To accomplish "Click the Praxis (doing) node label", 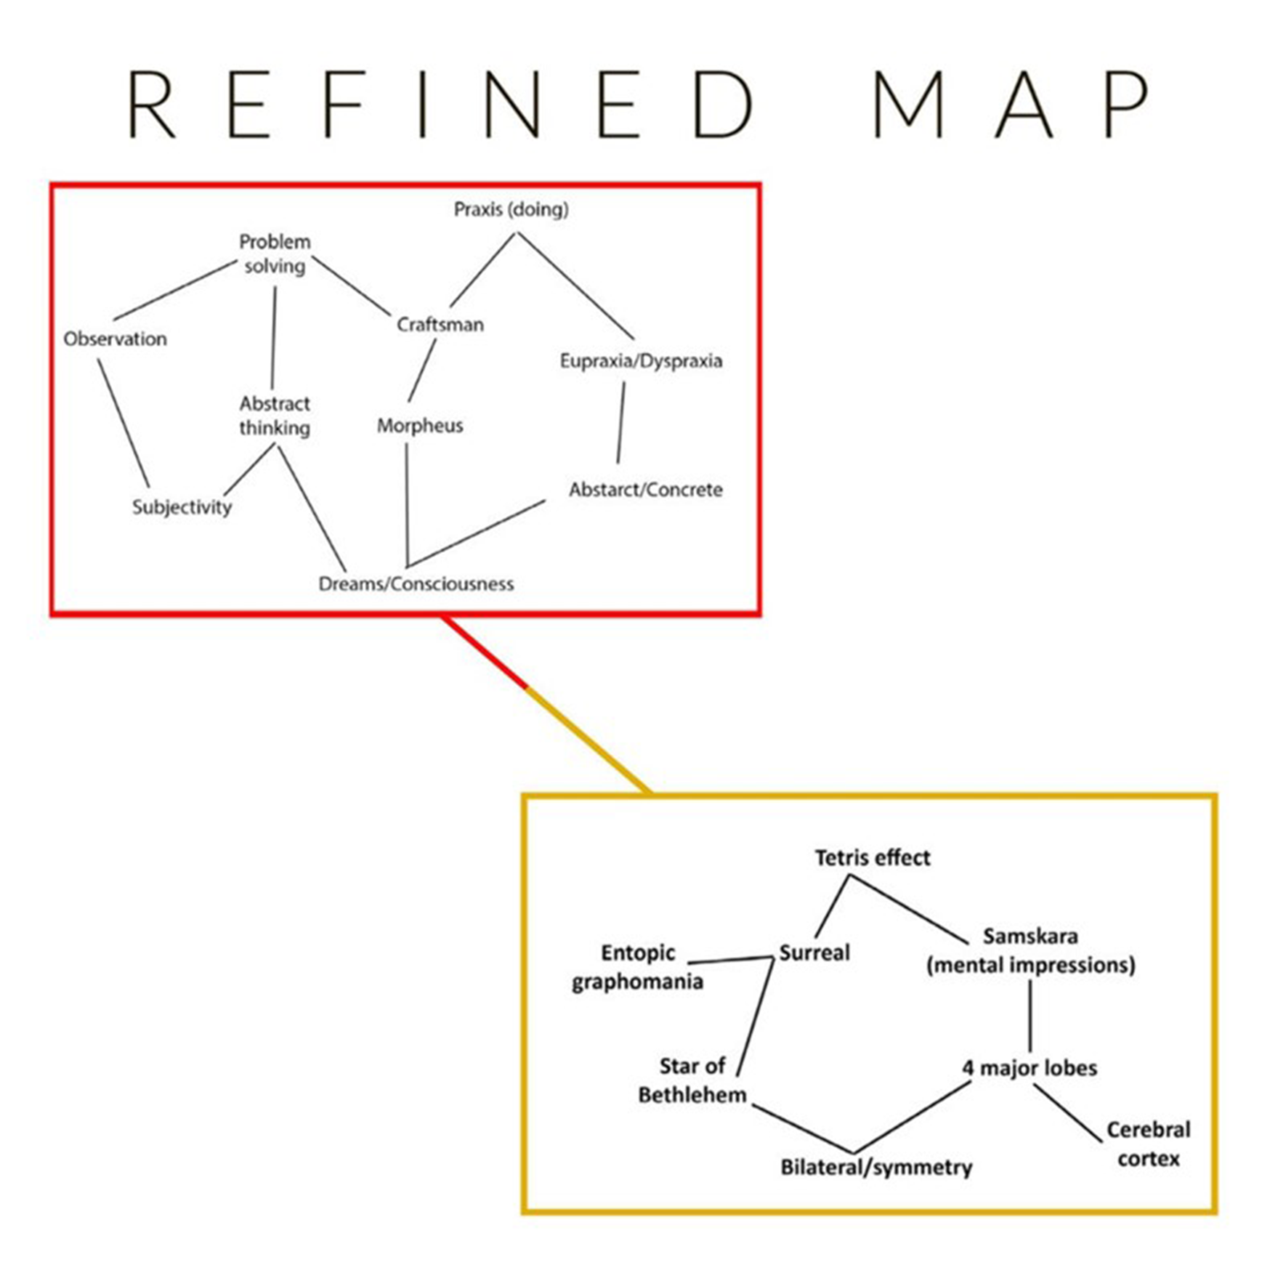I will (511, 209).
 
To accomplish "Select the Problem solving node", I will (275, 254).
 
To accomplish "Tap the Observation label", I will (115, 339).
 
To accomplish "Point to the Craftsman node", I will (440, 324).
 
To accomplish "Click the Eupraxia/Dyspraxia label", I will (641, 360).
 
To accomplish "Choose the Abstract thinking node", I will (275, 416).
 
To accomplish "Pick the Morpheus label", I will (419, 425).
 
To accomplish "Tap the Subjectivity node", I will (182, 506).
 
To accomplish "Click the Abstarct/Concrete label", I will (645, 489).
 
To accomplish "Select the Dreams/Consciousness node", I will (416, 583).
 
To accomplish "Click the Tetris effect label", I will (872, 857).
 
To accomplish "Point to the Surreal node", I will (814, 952).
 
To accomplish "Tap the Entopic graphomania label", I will (637, 967).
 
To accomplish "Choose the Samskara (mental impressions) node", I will (1030, 950).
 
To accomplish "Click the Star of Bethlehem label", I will (692, 1080).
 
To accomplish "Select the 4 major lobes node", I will (1030, 1067).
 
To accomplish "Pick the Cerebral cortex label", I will (1148, 1144).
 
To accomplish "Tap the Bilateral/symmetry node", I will (876, 1167).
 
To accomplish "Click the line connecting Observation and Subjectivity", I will (124, 423).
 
